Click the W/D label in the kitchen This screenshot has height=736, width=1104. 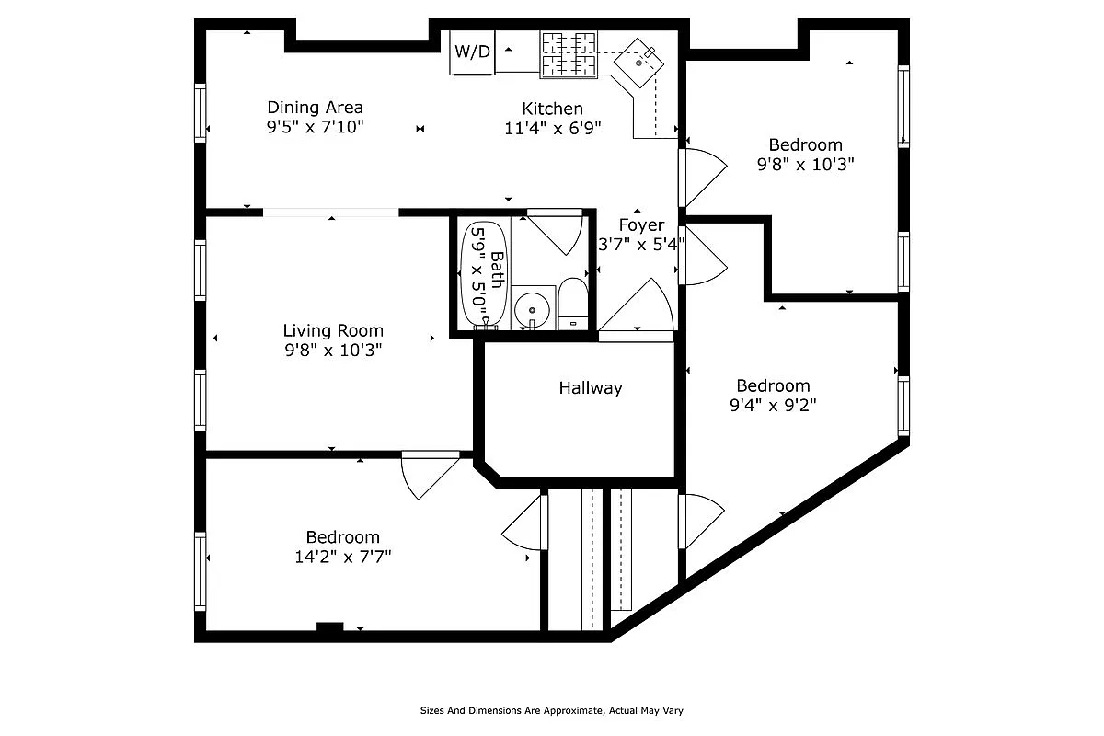473,52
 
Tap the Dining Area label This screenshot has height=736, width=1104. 315,108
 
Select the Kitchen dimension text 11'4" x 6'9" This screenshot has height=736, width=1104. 552,128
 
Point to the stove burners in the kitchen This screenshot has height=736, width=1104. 568,53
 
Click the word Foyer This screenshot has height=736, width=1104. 641,225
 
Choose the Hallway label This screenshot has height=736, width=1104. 591,388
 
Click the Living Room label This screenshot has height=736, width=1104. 333,330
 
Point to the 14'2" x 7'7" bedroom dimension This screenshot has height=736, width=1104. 342,556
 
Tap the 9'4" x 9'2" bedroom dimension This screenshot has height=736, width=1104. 773,404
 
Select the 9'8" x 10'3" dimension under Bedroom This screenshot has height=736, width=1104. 806,165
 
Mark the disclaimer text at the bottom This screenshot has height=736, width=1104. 551,710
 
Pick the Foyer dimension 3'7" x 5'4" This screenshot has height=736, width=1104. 641,244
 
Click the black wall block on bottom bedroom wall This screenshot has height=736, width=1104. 329,627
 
